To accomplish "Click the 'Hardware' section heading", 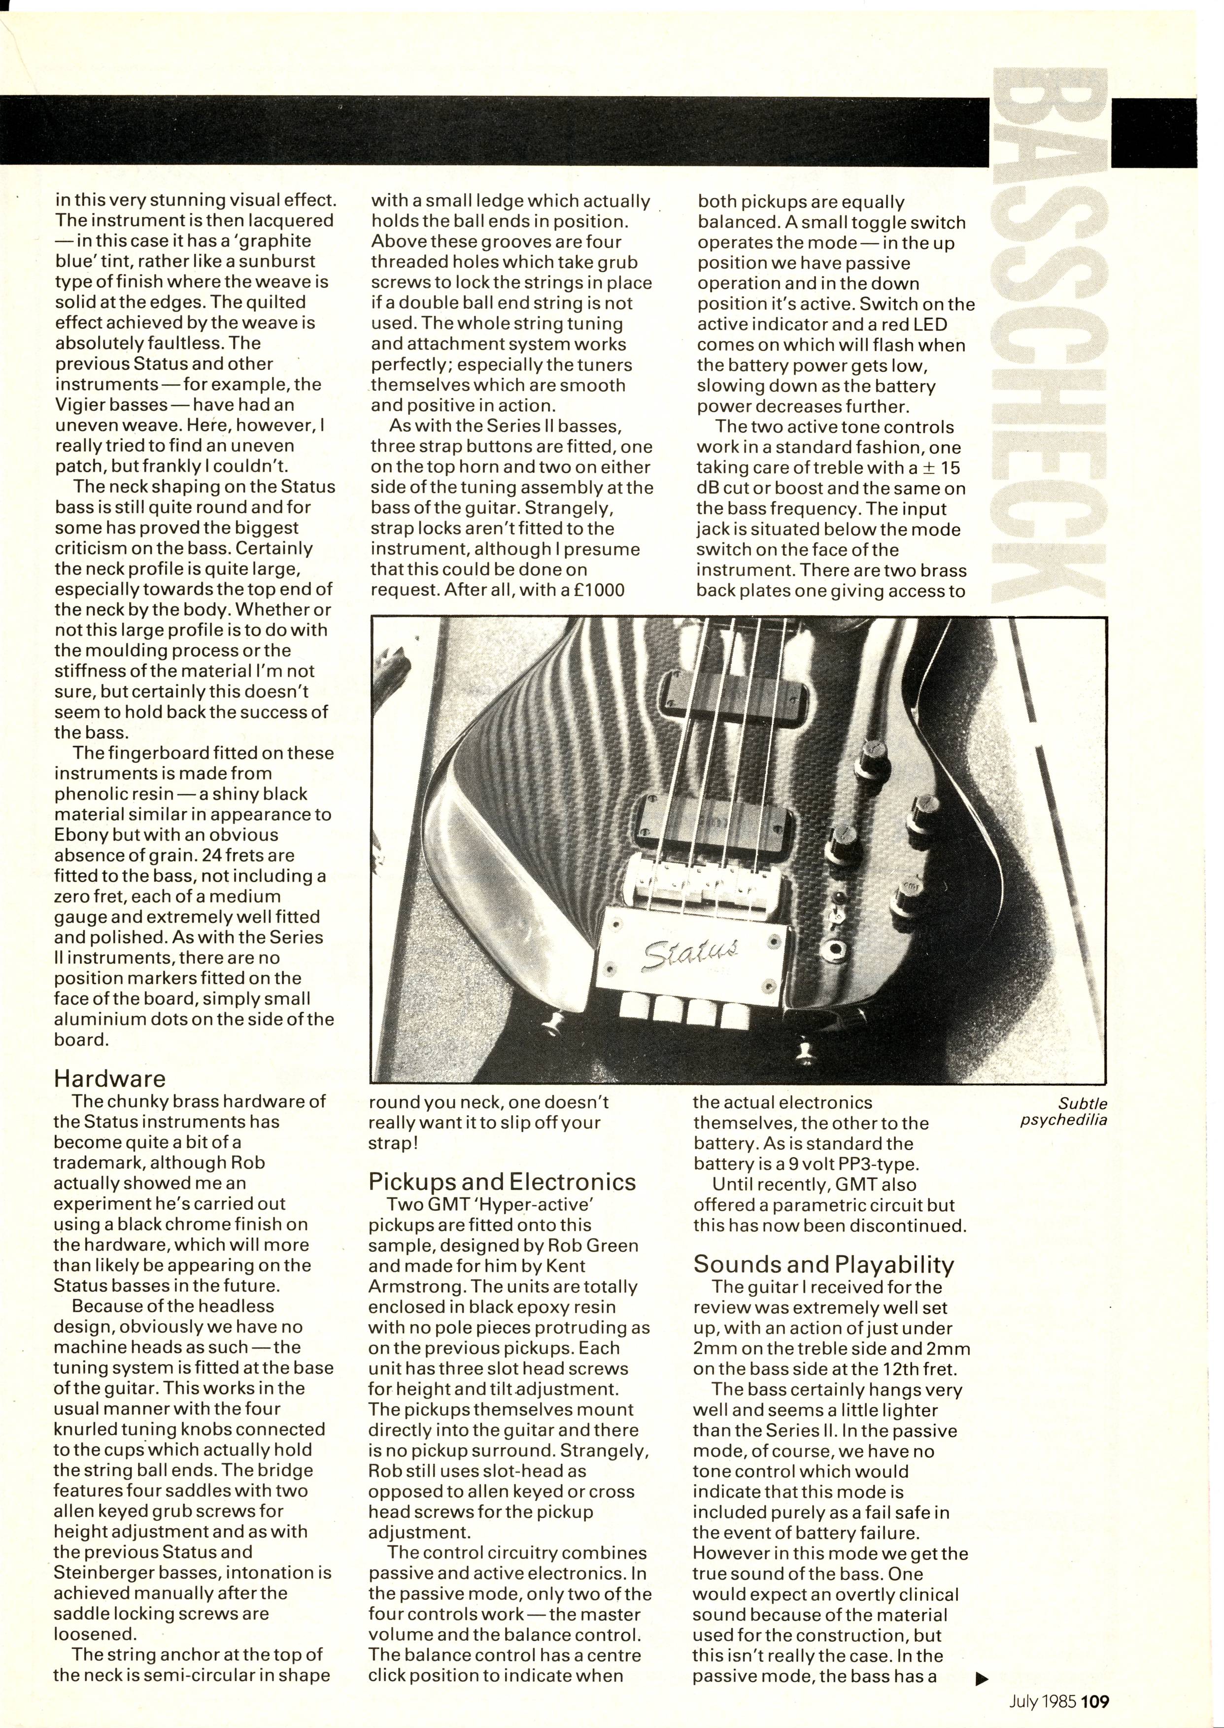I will (x=109, y=1079).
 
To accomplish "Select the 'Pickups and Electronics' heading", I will (x=502, y=1181).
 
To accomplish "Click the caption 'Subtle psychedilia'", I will (x=1063, y=1111).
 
